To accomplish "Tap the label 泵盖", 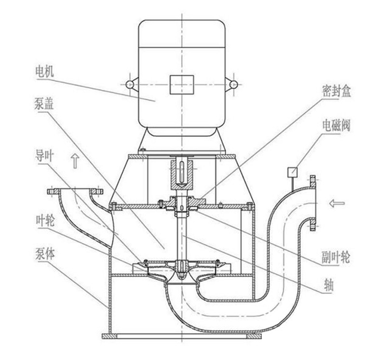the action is pos(44,104).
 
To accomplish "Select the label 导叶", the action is pos(44,156).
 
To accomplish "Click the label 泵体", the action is pos(45,253).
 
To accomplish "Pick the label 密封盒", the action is pos(336,91).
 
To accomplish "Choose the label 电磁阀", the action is pos(336,125).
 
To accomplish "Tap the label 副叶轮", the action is pos(336,257).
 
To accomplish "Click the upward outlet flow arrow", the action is pos(75,161).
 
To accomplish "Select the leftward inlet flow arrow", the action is pos(337,203).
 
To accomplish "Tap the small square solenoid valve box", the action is pos(293,172).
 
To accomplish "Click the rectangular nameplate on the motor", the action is pos(182,84).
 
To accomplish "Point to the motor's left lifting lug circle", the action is pos(130,84).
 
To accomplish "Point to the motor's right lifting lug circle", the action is pos(234,84).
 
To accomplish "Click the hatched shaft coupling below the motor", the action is pos(182,174).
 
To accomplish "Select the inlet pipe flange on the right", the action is pos(313,203).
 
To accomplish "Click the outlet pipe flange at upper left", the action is pos(75,191).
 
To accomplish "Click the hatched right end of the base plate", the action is pos(254,336).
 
